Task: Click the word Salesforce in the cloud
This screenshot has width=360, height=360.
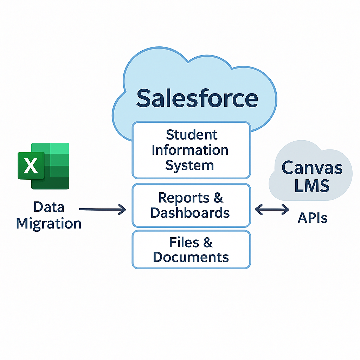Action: coord(197,98)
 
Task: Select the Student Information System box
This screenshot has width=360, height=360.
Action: coord(191,150)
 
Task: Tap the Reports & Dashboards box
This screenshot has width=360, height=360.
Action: coord(191,205)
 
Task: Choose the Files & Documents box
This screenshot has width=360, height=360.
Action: coord(191,250)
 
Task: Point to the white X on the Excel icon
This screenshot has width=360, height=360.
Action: coord(31,166)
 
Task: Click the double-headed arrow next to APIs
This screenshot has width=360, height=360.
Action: coord(272,210)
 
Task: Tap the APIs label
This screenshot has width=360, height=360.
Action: coord(313,218)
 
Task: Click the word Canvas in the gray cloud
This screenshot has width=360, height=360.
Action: coord(312,168)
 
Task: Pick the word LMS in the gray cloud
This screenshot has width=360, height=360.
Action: coord(312,185)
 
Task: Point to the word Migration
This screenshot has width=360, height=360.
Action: coord(49,224)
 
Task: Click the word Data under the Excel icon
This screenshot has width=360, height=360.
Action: coord(49,207)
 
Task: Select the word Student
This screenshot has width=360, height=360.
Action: coord(192,135)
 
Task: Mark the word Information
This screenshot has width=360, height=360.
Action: coord(190,150)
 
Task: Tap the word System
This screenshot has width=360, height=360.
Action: coord(189,165)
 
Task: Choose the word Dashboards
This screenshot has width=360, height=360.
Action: coord(190,213)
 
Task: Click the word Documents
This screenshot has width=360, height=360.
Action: coord(191,257)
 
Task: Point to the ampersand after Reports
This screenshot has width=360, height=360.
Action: coord(218,198)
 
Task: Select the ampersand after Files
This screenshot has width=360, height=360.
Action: coord(207,243)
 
